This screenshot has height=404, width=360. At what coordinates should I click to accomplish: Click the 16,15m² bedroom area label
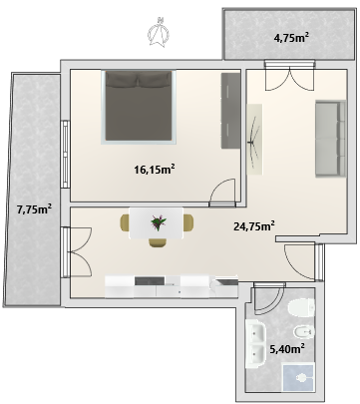click(155, 170)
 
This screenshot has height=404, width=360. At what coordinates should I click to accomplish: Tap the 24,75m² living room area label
click(254, 226)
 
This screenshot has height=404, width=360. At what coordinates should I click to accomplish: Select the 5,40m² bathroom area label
click(287, 349)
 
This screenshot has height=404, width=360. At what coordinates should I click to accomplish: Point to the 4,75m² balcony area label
click(291, 38)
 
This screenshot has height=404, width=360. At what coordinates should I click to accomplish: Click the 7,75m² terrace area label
click(34, 209)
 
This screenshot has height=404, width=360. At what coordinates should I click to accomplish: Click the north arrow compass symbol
click(159, 32)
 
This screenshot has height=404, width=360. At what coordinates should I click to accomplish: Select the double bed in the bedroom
click(139, 107)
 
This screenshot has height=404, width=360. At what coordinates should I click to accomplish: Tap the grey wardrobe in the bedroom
click(230, 111)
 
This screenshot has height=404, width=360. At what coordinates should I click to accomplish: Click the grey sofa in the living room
click(331, 138)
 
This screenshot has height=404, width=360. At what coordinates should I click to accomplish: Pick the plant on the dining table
click(159, 222)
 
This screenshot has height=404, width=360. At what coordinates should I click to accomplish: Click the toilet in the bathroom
click(302, 307)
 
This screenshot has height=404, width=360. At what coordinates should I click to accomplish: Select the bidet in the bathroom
click(304, 331)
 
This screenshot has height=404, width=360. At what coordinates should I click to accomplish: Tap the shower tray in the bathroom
click(298, 378)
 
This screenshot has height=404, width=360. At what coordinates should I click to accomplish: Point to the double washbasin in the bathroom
click(255, 343)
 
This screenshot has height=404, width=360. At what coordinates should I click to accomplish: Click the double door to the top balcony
click(289, 75)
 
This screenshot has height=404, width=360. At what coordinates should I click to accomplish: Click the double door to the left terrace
click(77, 252)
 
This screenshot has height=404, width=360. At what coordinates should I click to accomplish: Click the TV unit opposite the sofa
click(254, 140)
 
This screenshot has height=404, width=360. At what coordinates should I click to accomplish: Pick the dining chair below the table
click(158, 242)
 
